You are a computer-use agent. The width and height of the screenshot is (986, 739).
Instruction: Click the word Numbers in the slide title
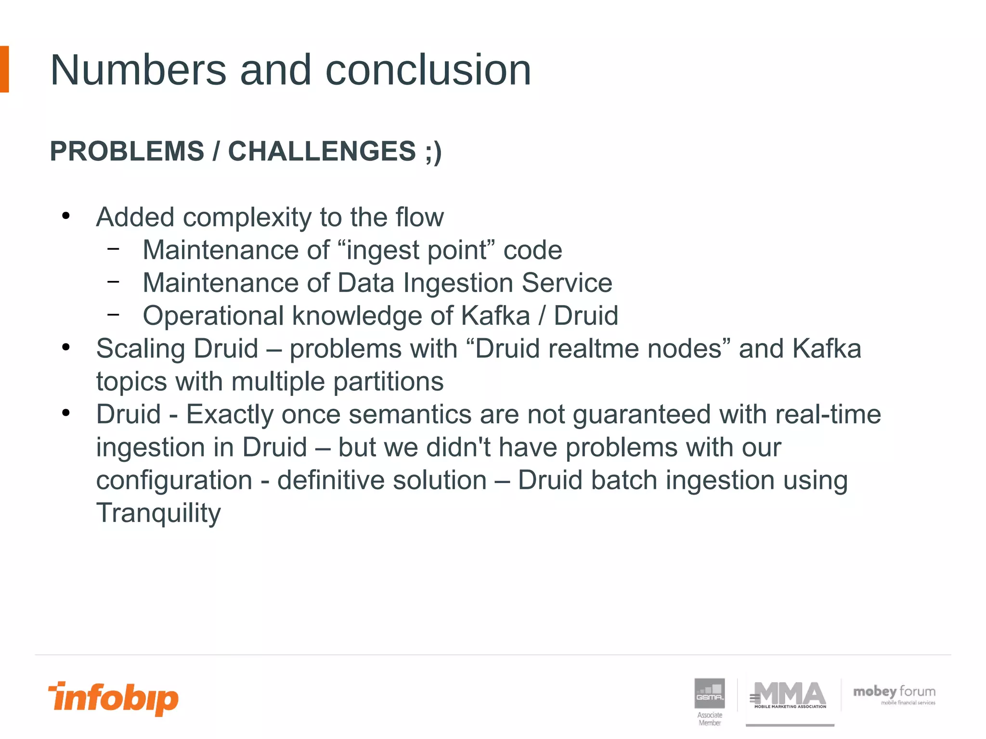click(138, 70)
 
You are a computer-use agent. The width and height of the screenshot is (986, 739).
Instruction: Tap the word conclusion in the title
click(428, 70)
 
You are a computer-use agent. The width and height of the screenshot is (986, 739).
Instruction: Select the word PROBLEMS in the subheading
click(127, 151)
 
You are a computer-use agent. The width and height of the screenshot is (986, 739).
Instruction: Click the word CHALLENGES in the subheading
click(322, 151)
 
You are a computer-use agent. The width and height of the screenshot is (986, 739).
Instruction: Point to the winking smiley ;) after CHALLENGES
click(433, 152)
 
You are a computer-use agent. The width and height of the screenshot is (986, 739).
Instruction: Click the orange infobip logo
click(114, 698)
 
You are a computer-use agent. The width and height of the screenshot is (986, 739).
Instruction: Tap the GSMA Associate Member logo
click(709, 701)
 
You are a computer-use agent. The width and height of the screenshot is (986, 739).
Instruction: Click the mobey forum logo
click(894, 694)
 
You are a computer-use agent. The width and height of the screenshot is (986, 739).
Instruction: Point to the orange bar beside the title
click(4, 69)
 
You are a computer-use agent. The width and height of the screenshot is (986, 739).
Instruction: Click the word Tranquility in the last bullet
click(158, 513)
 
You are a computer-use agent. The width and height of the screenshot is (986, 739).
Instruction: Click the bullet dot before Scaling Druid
click(66, 347)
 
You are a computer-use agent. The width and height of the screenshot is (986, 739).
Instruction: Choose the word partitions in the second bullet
click(388, 382)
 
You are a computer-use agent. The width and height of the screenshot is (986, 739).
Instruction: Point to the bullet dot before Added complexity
click(66, 216)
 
